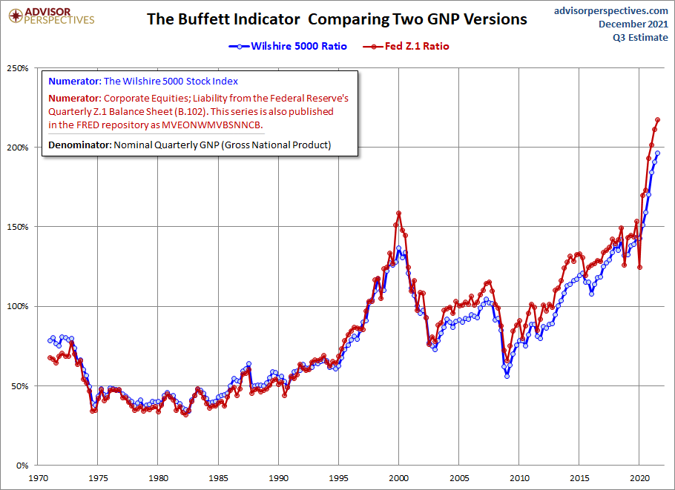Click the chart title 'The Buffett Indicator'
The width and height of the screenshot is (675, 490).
click(337, 19)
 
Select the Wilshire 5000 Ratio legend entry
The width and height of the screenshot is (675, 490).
click(288, 46)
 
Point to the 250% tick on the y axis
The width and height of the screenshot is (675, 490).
click(18, 68)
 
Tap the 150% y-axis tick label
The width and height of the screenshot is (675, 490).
click(18, 227)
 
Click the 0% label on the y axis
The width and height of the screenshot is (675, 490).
click(22, 466)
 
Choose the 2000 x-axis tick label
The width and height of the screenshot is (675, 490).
click(399, 479)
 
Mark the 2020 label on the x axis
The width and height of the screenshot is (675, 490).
click(640, 479)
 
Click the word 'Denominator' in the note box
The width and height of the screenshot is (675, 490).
click(79, 145)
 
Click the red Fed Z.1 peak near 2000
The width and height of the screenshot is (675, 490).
click(399, 213)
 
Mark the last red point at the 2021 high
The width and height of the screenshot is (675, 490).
click(658, 119)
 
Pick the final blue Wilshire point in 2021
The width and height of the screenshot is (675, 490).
click(657, 153)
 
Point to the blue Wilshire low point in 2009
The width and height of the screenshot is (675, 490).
click(507, 376)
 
